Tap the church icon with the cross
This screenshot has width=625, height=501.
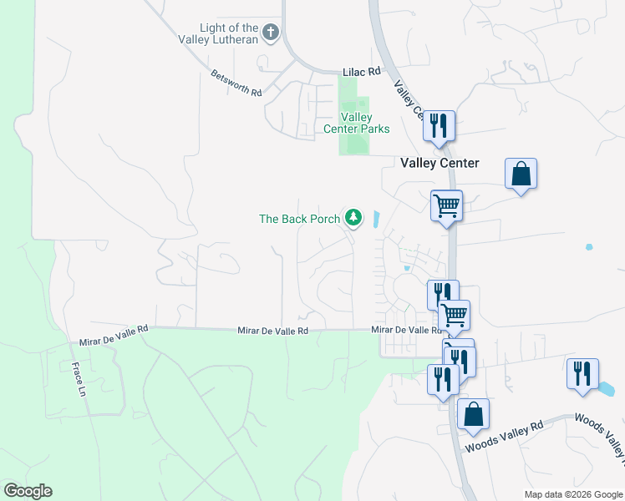270,33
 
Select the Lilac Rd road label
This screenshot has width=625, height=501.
362,73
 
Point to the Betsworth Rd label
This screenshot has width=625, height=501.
236,83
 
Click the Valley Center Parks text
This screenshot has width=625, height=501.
357,123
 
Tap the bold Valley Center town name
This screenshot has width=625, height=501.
440,163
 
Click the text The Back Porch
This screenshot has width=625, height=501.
299,219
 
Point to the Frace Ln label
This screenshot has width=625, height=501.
79,379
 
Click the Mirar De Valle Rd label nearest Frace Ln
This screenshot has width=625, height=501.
114,336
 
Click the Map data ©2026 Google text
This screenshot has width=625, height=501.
572,494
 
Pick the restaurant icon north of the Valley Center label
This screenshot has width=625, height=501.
439,126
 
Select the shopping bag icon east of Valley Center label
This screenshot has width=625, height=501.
521,175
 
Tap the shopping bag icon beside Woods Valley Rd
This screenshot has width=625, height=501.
473,414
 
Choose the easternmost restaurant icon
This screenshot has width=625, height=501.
582,372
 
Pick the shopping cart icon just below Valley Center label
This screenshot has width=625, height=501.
446,205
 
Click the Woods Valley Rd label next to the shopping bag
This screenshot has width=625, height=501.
504,436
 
